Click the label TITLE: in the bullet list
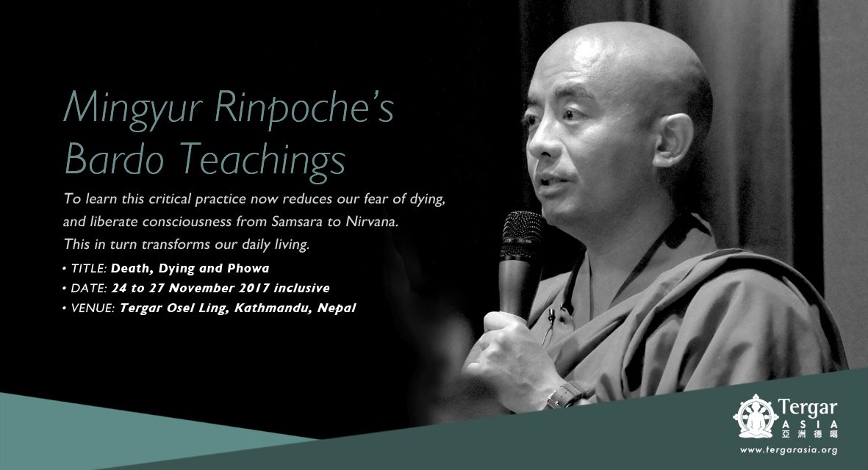88,267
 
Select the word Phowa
243,267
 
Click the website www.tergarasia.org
789,449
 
